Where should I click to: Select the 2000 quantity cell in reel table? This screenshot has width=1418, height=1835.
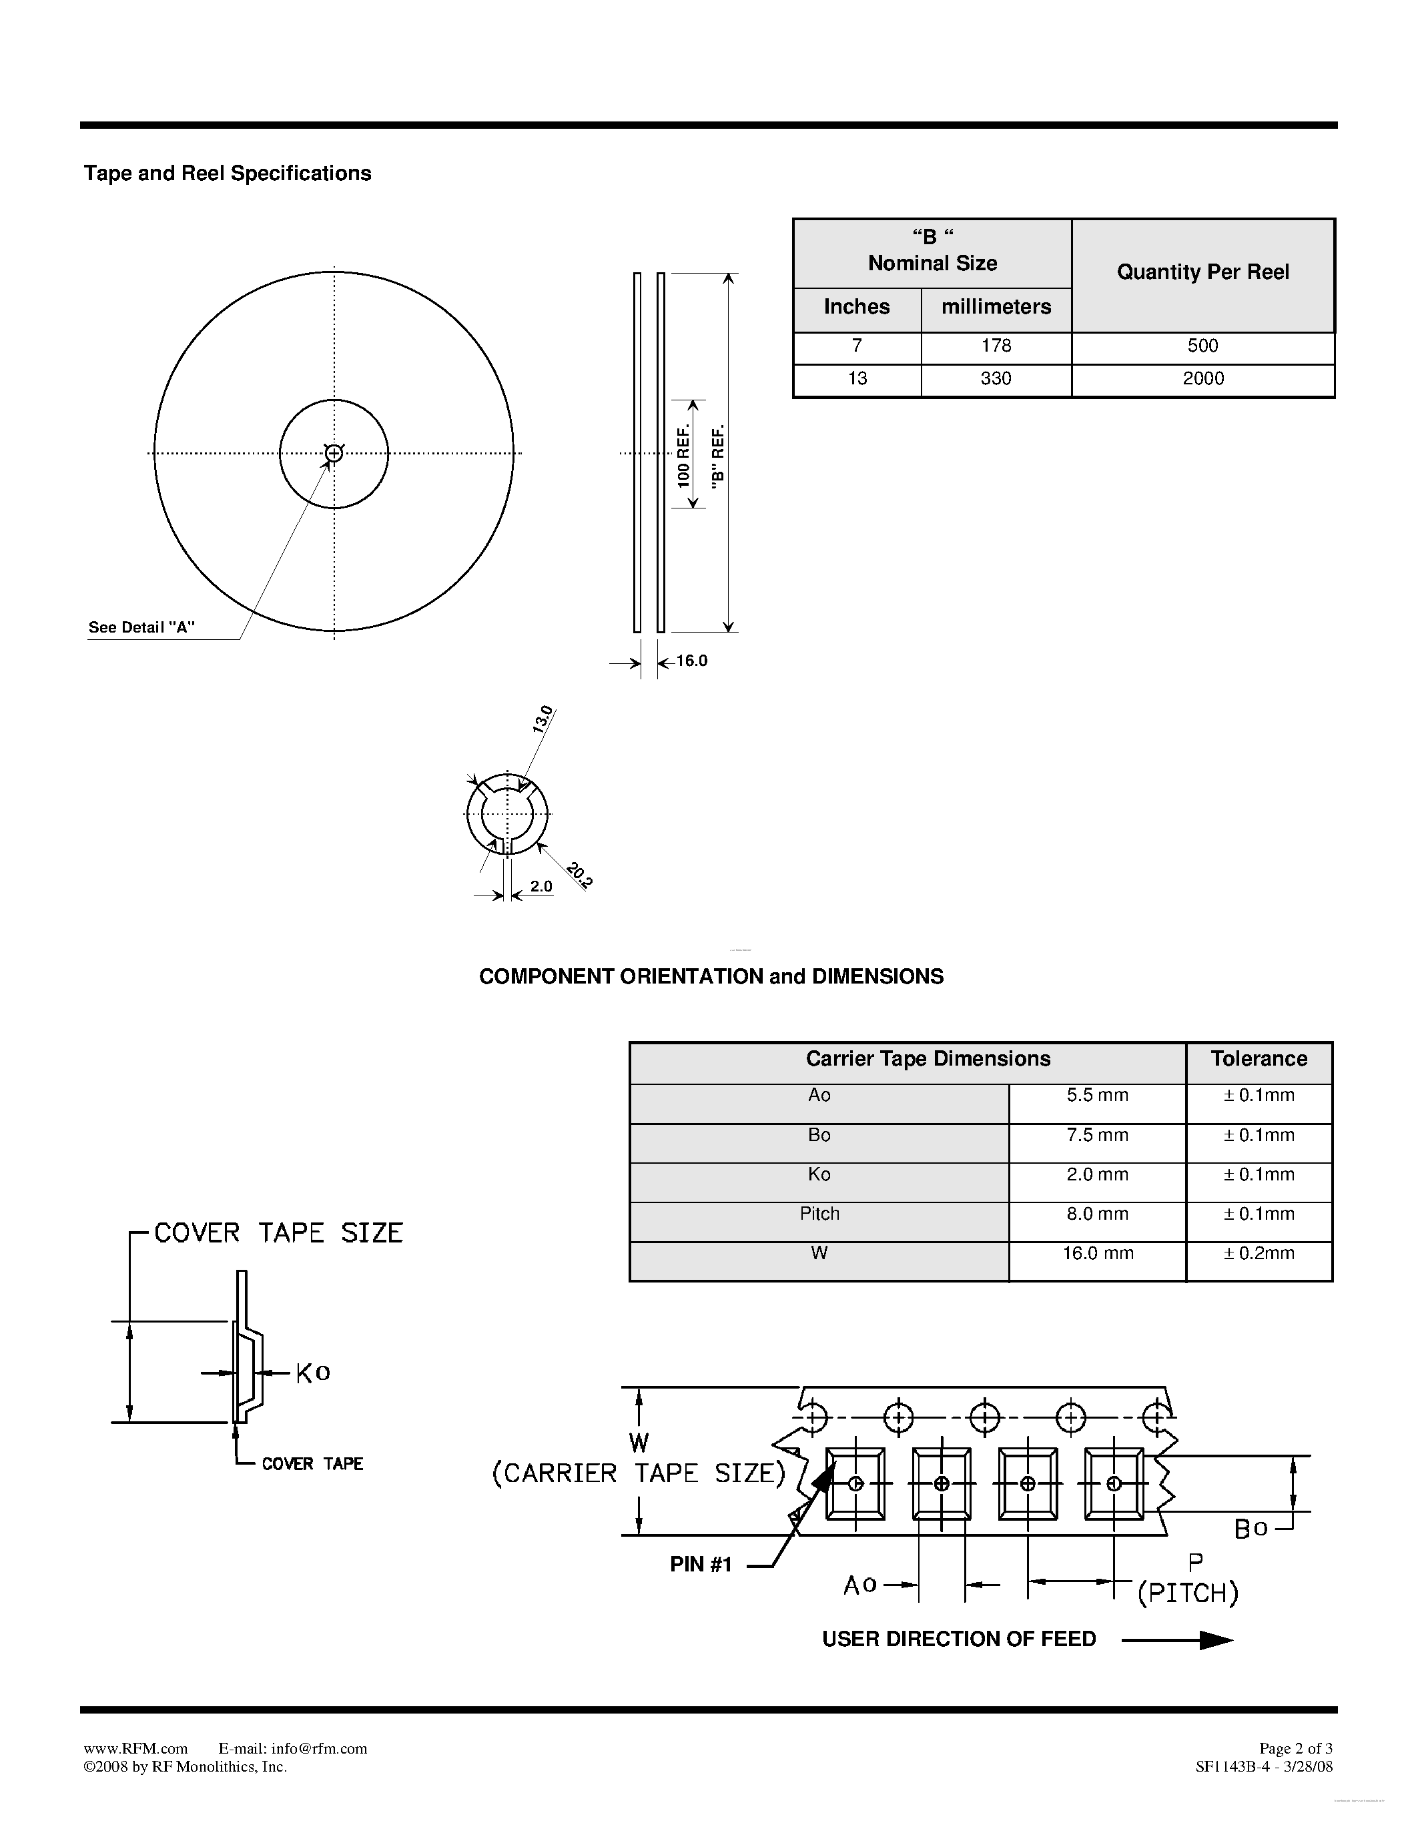(1203, 379)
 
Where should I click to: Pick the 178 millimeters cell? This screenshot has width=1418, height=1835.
(996, 346)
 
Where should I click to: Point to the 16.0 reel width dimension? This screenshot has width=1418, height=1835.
(691, 661)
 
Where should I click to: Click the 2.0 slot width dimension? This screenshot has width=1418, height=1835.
(541, 886)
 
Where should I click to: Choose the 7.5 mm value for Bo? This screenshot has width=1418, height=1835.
(1097, 1135)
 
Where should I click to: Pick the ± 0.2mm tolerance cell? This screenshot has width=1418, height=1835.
(1259, 1254)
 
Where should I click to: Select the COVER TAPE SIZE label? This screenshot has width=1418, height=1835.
(278, 1233)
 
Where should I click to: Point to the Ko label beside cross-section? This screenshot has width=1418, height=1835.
(312, 1373)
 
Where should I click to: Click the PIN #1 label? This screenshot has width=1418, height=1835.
(701, 1565)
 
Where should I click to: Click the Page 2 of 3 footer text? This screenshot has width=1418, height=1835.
(1295, 1748)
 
